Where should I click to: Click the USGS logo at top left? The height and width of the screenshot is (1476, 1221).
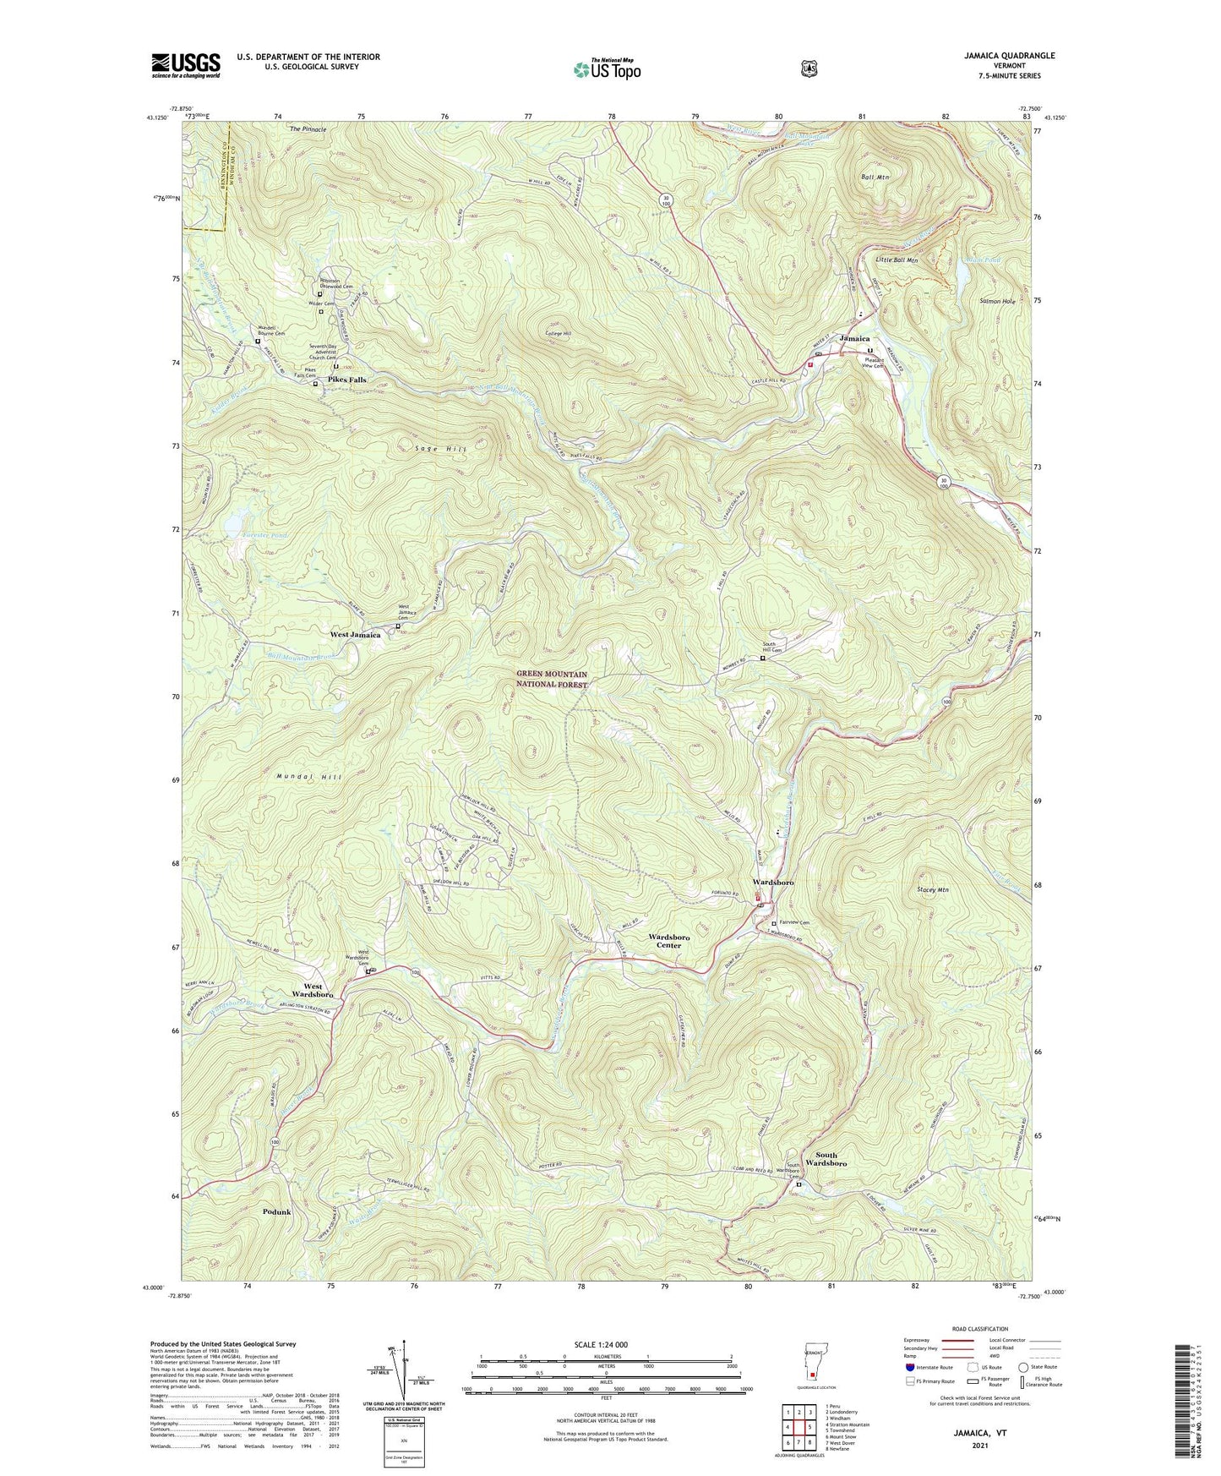185,65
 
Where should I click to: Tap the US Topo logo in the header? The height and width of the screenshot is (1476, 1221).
606,69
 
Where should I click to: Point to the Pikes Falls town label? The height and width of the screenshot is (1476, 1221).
346,380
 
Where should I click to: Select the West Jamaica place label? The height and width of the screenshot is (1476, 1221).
355,634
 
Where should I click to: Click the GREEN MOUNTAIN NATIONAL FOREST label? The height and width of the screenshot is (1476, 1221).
552,680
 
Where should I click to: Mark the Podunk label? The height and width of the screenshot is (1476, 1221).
276,1211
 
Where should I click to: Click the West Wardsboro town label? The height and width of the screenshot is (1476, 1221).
313,991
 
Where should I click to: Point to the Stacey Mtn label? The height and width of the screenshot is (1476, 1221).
932,890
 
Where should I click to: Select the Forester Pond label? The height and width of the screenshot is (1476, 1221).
265,536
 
